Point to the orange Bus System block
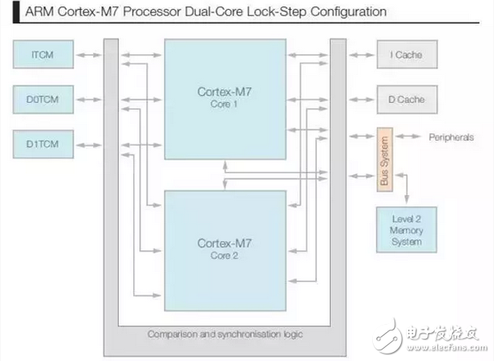point(382,159)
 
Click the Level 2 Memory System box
point(407,230)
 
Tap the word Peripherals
point(450,137)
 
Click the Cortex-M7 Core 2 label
point(222,248)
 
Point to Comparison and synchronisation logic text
point(224,334)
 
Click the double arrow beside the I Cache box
point(360,56)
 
